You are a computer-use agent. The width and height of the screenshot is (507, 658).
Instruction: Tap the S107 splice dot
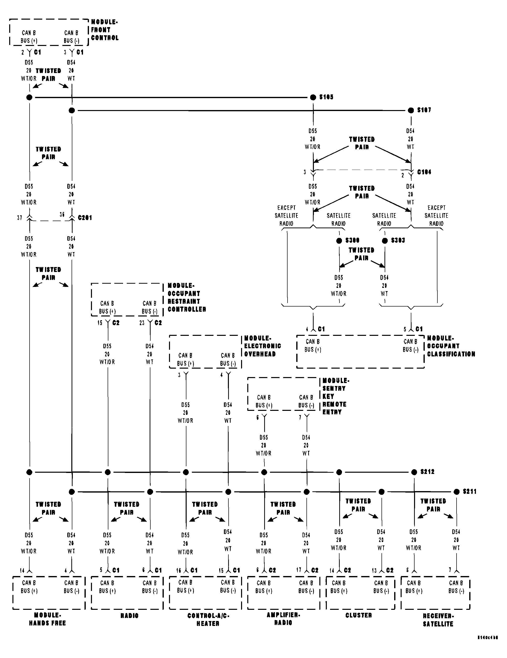tap(411, 110)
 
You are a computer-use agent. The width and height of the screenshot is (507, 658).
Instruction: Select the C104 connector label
tap(424, 172)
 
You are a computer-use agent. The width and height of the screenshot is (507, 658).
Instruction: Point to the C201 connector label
tap(85, 218)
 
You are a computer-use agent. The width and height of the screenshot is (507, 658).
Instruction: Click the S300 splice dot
tap(339, 241)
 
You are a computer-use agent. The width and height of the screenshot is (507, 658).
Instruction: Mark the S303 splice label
tap(398, 240)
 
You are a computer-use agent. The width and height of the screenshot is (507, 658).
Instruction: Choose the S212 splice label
tap(427, 472)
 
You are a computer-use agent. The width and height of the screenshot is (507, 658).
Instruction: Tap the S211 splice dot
tap(457, 492)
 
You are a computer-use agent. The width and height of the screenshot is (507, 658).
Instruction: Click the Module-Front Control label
tap(104, 30)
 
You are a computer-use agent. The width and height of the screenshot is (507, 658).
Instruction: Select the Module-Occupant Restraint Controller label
tap(187, 297)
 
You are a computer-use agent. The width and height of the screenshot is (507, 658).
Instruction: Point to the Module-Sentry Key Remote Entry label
tap(334, 396)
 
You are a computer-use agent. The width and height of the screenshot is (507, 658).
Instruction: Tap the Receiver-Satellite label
tap(438, 620)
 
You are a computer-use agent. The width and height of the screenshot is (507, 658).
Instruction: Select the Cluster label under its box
tap(358, 615)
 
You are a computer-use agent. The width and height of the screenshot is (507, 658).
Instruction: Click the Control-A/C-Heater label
tap(208, 619)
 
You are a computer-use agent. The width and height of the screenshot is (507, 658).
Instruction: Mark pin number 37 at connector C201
tap(20, 218)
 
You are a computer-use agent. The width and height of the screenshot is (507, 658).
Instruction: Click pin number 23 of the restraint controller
tap(142, 323)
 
